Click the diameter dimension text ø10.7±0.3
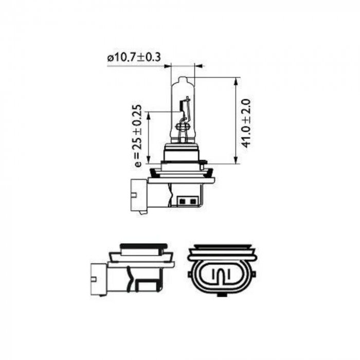pos(134,57)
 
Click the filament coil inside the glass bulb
pos(183,123)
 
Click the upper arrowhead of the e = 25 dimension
pos(148,115)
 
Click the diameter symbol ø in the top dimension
pos(110,58)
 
